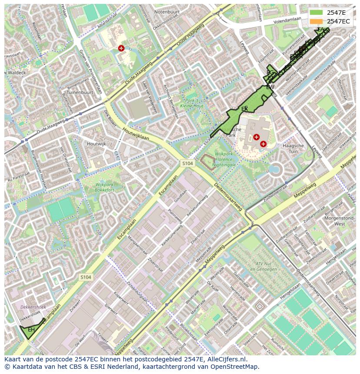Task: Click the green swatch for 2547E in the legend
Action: tap(316, 12)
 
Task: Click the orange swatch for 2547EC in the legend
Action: tap(316, 21)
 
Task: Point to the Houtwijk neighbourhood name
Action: tap(96, 144)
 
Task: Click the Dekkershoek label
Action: tap(33, 307)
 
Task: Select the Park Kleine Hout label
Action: tap(192, 103)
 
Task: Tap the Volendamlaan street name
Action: tap(287, 20)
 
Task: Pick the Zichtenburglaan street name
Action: tap(137, 287)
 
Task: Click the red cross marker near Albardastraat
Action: tap(121, 48)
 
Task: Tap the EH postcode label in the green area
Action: tap(31, 330)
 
